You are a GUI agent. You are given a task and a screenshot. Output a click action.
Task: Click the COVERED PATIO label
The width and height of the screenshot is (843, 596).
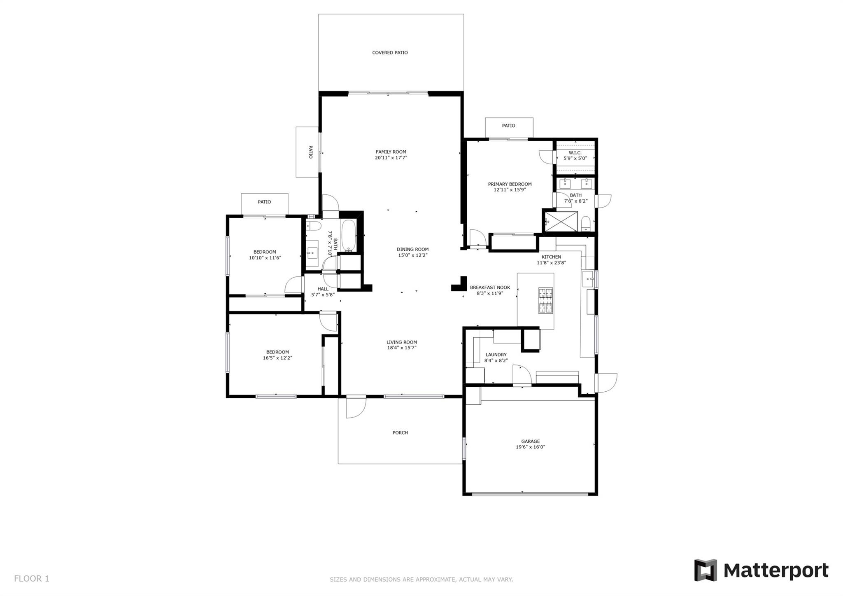(x=390, y=53)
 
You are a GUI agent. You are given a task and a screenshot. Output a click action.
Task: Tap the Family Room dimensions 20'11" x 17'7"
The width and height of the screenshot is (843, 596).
(x=391, y=158)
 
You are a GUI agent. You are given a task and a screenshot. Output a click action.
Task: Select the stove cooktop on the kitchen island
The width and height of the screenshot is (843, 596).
(x=545, y=300)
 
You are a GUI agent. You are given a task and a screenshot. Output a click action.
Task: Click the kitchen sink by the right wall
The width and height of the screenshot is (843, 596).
(x=588, y=279)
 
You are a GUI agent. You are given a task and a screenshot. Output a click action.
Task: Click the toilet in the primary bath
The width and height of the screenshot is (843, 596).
(x=586, y=224)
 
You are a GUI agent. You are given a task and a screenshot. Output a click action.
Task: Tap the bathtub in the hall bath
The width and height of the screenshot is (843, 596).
(x=349, y=235)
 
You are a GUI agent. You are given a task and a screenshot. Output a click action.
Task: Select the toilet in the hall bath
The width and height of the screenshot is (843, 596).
(x=314, y=226)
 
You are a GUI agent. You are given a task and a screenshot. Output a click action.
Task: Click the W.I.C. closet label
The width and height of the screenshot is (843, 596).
(x=575, y=153)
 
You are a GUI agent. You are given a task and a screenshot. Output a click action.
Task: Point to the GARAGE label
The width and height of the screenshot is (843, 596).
(x=530, y=441)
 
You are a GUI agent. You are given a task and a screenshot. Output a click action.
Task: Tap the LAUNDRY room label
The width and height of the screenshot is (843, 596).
(x=496, y=355)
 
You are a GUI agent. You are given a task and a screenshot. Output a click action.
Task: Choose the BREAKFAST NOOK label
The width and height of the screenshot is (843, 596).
(x=490, y=287)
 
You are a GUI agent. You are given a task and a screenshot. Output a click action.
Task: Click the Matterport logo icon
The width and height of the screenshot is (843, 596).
(x=706, y=570)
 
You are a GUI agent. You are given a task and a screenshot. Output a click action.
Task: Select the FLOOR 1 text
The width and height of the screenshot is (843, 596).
(x=32, y=579)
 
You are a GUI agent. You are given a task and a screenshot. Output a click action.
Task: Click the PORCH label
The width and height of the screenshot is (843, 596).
(x=400, y=432)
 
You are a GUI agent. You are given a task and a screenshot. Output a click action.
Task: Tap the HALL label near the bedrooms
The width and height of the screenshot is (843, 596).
(x=323, y=289)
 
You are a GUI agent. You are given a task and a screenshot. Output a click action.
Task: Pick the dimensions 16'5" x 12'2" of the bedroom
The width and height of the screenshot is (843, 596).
(x=277, y=358)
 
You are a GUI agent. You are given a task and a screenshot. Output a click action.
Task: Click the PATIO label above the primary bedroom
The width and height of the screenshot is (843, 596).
(x=508, y=126)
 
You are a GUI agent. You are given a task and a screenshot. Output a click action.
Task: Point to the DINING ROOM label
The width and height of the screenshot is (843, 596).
(x=412, y=249)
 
